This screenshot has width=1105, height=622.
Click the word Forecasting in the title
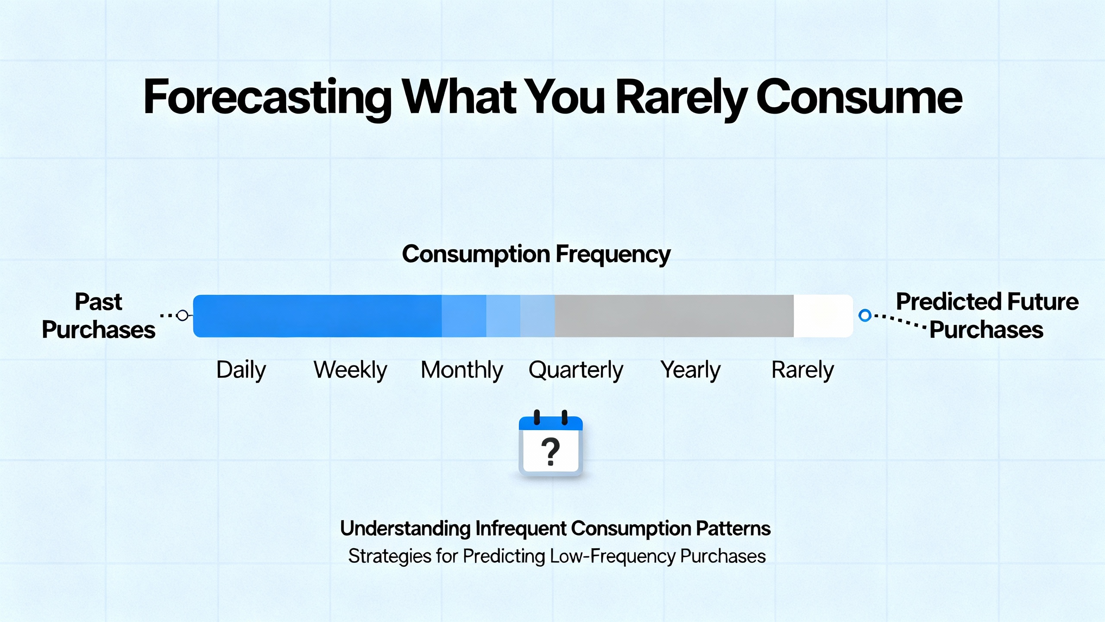[268, 98]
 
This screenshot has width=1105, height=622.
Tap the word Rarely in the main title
[681, 98]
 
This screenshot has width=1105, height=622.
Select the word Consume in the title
[859, 98]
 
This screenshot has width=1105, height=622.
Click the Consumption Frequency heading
[536, 254]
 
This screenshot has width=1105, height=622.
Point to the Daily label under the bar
[241, 370]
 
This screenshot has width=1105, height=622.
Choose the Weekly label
[350, 370]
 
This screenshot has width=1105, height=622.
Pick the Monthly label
[462, 370]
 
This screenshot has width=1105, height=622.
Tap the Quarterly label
[576, 370]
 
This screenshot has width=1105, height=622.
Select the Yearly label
[690, 370]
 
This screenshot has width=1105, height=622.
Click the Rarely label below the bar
[802, 370]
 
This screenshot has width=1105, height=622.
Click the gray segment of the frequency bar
[673, 316]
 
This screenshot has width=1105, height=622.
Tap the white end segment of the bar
[823, 316]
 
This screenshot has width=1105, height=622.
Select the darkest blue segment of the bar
[317, 316]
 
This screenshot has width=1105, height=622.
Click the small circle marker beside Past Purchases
[183, 315]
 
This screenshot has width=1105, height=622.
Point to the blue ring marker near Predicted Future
[865, 315]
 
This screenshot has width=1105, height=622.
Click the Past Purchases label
[98, 316]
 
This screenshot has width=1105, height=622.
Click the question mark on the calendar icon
[550, 451]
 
